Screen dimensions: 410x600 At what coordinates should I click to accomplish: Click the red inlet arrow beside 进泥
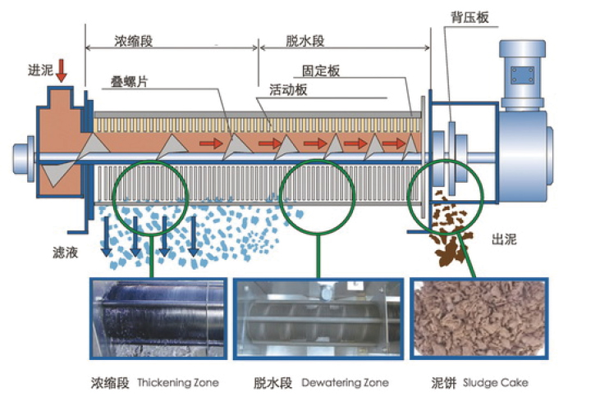[x=62, y=71]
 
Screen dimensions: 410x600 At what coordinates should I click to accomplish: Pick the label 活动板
[x=288, y=89]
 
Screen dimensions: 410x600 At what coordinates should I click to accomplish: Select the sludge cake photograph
[x=479, y=321]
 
